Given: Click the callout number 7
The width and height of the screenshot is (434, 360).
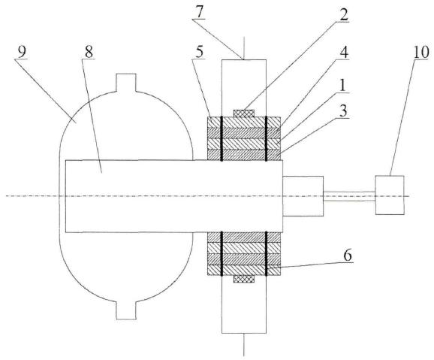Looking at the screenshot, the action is (x=199, y=12).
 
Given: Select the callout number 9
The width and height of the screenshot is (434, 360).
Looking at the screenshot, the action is (x=22, y=52).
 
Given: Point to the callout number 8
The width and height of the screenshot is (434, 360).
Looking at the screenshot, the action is (x=89, y=52).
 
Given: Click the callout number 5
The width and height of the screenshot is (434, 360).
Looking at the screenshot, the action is (x=199, y=52).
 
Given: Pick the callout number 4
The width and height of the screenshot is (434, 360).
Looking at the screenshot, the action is (x=343, y=53).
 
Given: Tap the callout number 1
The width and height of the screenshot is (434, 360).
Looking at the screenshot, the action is (x=342, y=86).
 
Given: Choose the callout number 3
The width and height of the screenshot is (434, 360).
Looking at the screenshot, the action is (x=343, y=111).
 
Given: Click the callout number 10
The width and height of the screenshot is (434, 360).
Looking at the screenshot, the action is (x=421, y=53).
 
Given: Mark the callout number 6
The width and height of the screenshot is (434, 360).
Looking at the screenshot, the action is (x=348, y=256).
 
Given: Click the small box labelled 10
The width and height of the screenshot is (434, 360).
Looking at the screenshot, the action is (x=390, y=195).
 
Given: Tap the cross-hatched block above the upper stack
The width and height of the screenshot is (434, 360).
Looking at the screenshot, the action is (x=244, y=113).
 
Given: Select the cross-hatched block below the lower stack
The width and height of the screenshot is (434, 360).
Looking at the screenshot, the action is (x=244, y=279).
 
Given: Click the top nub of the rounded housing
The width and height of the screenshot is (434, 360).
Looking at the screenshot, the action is (x=126, y=83).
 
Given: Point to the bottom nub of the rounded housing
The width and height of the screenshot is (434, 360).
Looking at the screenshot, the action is (x=126, y=310).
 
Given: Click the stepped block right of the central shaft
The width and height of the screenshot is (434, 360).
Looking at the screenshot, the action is (x=303, y=196).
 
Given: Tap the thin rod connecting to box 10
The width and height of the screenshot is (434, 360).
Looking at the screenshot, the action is (x=349, y=196).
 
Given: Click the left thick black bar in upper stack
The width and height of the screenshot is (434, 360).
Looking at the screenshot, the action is (x=222, y=138).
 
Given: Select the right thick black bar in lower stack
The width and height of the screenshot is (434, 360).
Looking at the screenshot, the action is (x=267, y=253).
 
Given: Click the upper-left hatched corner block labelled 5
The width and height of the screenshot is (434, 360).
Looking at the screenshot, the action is (x=214, y=123).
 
